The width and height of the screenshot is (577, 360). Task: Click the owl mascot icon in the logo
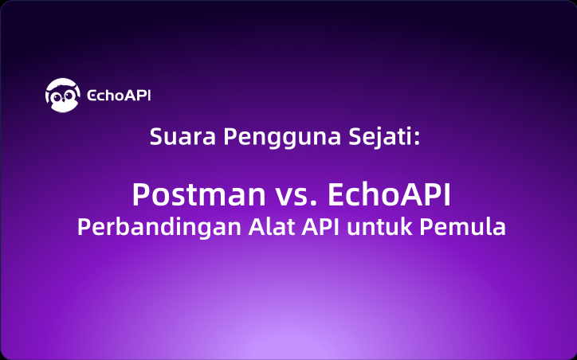coord(62,96)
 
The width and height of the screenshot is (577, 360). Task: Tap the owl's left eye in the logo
coord(57,98)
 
